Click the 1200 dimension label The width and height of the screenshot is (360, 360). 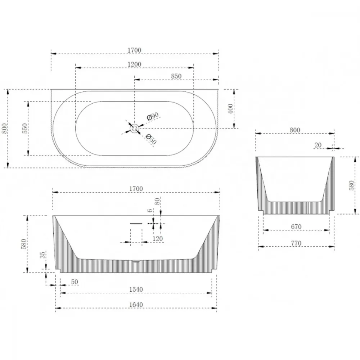click(134, 64)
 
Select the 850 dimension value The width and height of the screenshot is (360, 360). click(176, 76)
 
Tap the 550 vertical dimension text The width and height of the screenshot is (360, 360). click(25, 129)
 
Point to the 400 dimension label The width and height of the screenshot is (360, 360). click(230, 109)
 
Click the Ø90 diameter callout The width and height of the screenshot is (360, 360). click(153, 116)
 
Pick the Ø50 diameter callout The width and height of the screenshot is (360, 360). click(151, 139)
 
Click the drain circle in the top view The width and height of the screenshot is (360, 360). click(134, 129)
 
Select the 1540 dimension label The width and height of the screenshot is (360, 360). click(136, 289)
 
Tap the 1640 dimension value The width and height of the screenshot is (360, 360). click(136, 305)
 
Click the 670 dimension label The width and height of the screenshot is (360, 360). click(296, 227)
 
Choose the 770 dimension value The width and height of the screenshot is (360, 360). click(296, 243)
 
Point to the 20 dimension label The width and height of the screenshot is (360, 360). click(318, 145)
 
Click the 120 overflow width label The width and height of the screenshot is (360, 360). click(158, 239)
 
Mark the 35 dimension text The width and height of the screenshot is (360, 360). click(43, 255)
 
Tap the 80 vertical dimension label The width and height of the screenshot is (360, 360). click(157, 201)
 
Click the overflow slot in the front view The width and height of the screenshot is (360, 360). click(136, 224)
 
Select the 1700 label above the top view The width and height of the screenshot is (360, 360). click(134, 50)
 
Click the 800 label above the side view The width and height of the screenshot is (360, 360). click(295, 130)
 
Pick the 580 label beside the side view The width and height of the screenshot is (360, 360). click(351, 185)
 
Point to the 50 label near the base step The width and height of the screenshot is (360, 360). click(75, 282)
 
